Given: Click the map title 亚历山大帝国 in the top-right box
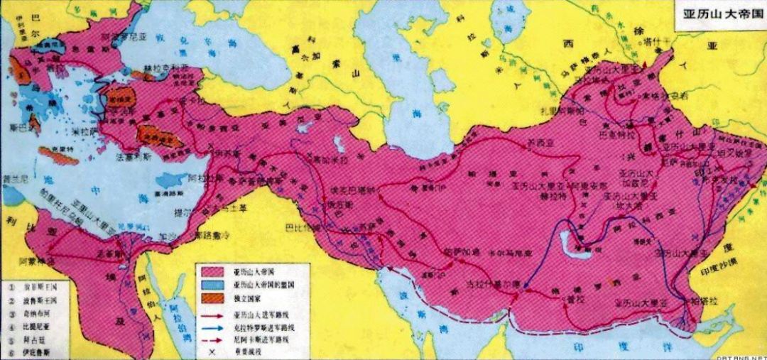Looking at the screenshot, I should point(714,15).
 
